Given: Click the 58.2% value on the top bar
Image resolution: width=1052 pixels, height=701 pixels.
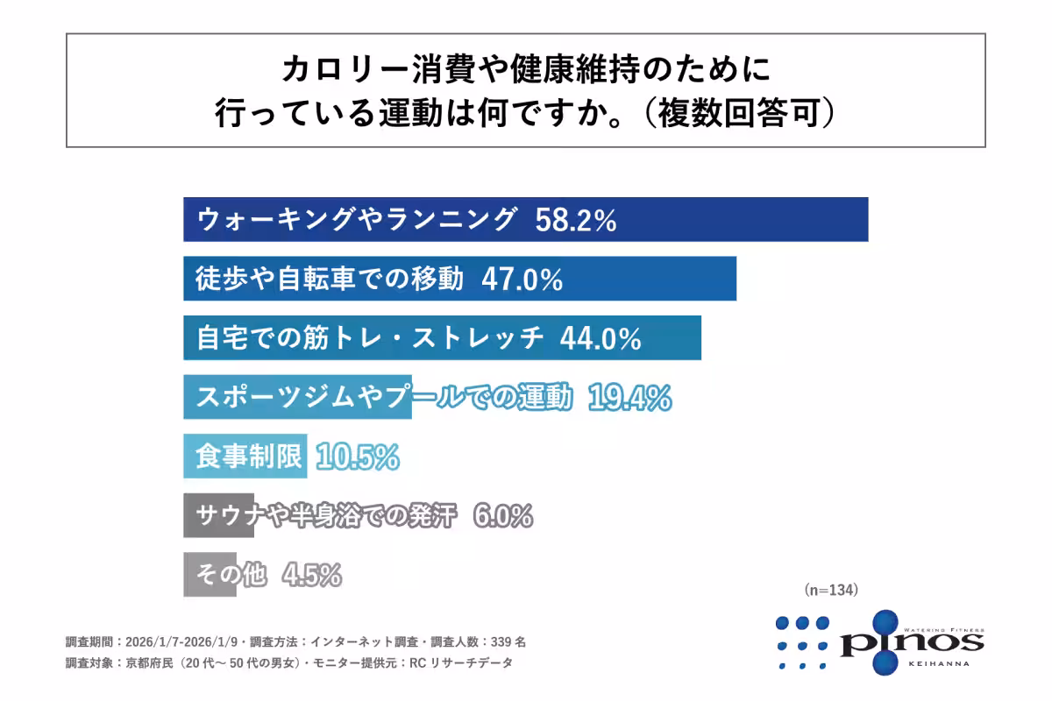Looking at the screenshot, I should [x=575, y=220].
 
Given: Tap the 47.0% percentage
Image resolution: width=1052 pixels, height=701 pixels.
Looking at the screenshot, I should [x=522, y=280].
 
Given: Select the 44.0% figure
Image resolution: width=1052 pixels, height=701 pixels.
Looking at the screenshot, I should [x=600, y=338].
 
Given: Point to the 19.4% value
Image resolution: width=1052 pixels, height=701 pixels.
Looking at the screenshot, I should [x=629, y=398].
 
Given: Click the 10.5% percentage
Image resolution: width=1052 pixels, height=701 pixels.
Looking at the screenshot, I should [x=358, y=457].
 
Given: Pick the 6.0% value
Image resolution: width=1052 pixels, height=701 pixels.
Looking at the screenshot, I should [x=502, y=517].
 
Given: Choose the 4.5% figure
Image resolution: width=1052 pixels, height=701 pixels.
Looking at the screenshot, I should [x=311, y=576].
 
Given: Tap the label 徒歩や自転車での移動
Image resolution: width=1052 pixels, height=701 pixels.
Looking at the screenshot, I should [x=330, y=280].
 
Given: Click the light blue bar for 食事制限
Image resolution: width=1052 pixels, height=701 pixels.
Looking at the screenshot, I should [x=245, y=457].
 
